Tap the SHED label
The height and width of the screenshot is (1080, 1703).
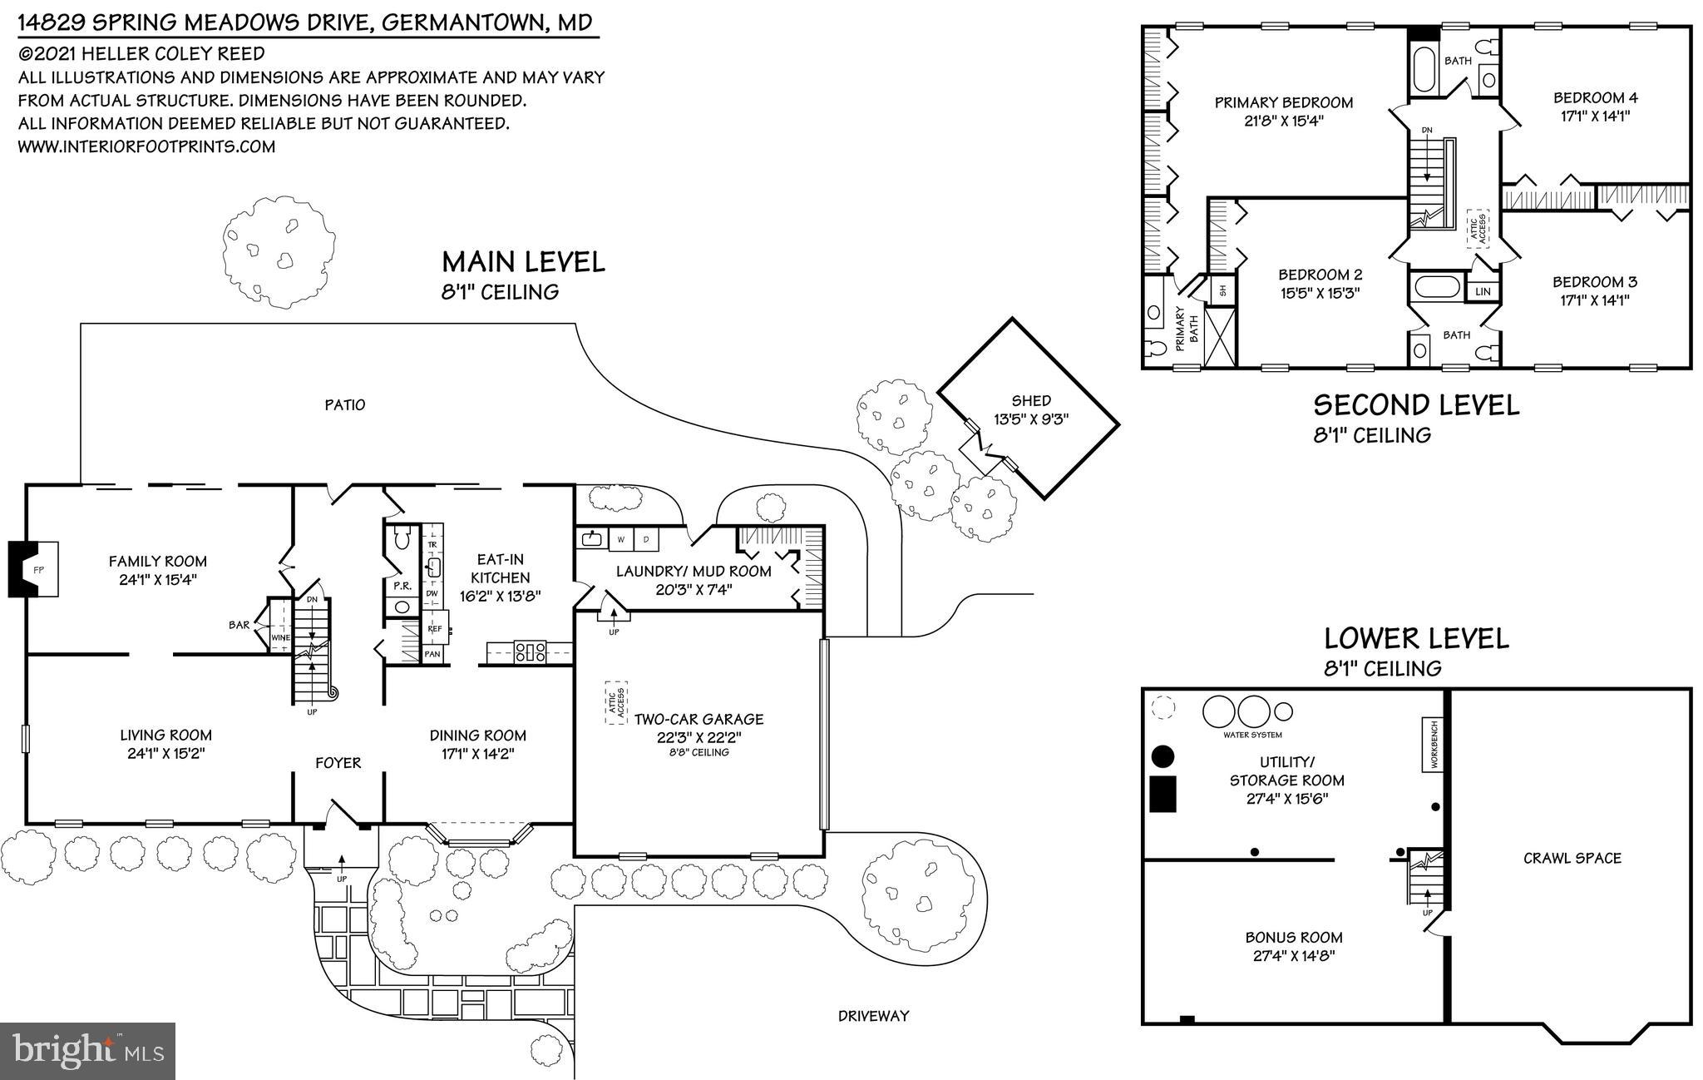click(x=1031, y=401)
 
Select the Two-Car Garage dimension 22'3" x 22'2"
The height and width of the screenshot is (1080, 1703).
click(x=698, y=736)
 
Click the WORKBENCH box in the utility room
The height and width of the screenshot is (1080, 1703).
click(x=1433, y=745)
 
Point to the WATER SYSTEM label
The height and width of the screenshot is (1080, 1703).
click(x=1252, y=735)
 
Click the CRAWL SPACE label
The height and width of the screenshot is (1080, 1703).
click(x=1572, y=858)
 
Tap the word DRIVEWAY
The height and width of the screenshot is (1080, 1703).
click(x=873, y=1015)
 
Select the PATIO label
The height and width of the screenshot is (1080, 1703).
click(x=344, y=405)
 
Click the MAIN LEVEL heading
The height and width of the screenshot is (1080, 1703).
click(x=523, y=262)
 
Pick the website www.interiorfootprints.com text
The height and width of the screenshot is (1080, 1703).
click(x=146, y=146)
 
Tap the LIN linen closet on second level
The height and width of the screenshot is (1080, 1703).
click(x=1483, y=291)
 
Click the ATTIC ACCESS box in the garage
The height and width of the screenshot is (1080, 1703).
click(x=615, y=703)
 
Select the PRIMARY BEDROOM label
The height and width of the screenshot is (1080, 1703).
click(x=1284, y=102)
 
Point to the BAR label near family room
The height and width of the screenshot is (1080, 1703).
click(x=239, y=624)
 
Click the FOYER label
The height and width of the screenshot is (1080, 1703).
click(x=338, y=763)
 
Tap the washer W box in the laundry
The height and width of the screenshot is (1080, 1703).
click(x=620, y=539)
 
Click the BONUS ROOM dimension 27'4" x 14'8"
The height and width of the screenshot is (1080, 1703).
click(x=1293, y=956)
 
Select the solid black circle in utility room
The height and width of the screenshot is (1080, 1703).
click(x=1162, y=756)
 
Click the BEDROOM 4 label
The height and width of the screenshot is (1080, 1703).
click(x=1595, y=97)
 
